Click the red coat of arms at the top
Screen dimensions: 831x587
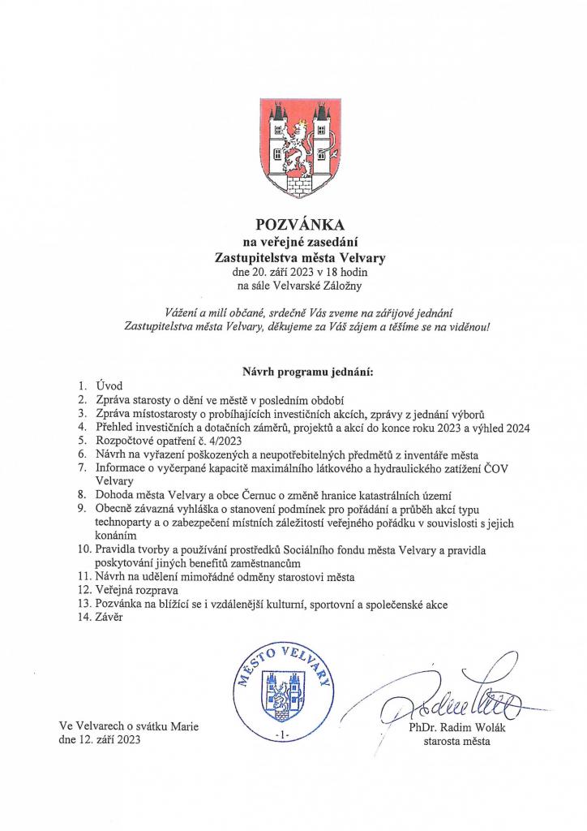coord(293,148)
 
